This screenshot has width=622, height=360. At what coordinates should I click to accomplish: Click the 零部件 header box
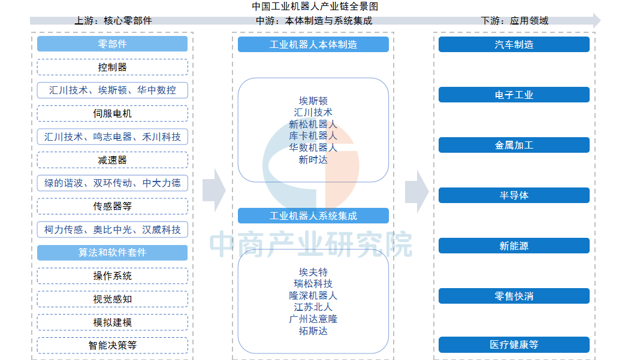pyautogui.click(x=112, y=44)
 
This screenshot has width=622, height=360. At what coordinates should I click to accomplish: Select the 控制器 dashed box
pyautogui.click(x=112, y=67)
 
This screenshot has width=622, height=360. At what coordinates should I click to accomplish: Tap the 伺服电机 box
pyautogui.click(x=112, y=113)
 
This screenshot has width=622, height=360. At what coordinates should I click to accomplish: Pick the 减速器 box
pyautogui.click(x=112, y=160)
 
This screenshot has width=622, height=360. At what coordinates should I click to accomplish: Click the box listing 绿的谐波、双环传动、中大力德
pyautogui.click(x=112, y=183)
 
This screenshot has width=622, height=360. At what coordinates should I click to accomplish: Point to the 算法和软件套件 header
pyautogui.click(x=112, y=252)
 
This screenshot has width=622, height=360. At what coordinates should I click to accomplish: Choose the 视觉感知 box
pyautogui.click(x=112, y=299)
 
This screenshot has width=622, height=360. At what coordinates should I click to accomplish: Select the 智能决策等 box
pyautogui.click(x=112, y=345)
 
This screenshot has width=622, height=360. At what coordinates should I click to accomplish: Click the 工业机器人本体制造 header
pyautogui.click(x=313, y=44)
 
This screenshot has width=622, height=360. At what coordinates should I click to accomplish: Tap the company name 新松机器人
pyautogui.click(x=313, y=124)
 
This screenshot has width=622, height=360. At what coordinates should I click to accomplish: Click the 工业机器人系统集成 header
pyautogui.click(x=313, y=216)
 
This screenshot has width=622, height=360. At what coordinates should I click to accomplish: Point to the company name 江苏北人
pyautogui.click(x=313, y=307)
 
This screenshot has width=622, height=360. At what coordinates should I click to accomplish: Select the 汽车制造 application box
pyautogui.click(x=514, y=44)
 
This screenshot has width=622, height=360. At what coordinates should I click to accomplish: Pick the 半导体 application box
pyautogui.click(x=514, y=195)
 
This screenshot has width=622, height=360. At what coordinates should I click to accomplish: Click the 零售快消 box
pyautogui.click(x=514, y=296)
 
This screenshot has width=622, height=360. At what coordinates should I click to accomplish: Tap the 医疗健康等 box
pyautogui.click(x=514, y=344)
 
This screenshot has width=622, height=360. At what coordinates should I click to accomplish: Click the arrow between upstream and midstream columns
pyautogui.click(x=214, y=190)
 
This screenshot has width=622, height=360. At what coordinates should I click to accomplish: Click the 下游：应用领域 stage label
pyautogui.click(x=514, y=20)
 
